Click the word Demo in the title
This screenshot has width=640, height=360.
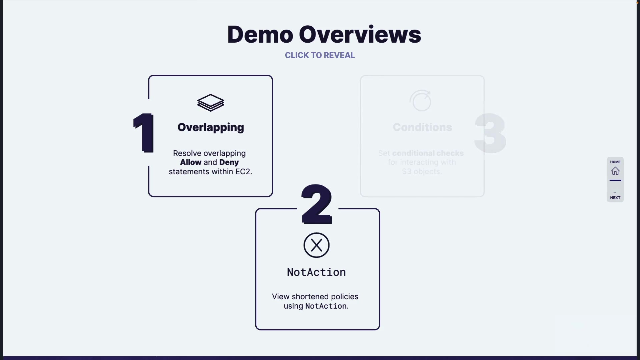coord(260,35)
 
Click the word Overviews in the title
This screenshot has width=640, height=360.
coord(360,35)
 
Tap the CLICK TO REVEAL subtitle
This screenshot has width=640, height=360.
coord(320,55)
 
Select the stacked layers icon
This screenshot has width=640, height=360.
coord(211,103)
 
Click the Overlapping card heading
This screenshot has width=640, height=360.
coord(211,127)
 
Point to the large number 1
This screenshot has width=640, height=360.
coord(144,133)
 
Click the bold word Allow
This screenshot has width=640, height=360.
coord(191,162)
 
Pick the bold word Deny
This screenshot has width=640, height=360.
coord(229,162)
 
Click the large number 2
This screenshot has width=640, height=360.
coord(317,204)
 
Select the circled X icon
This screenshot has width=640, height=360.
coord(317,245)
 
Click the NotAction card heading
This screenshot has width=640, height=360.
coord(316,272)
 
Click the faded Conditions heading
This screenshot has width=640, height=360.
coord(422,127)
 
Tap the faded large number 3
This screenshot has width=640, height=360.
coord(490,133)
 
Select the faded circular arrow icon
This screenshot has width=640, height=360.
coord(421,101)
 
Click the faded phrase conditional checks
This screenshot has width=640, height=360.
coord(428,153)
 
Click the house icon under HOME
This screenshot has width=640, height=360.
coord(615,171)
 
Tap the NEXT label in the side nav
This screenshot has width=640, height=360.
coord(615,198)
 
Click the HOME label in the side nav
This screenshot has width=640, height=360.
coord(615,162)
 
